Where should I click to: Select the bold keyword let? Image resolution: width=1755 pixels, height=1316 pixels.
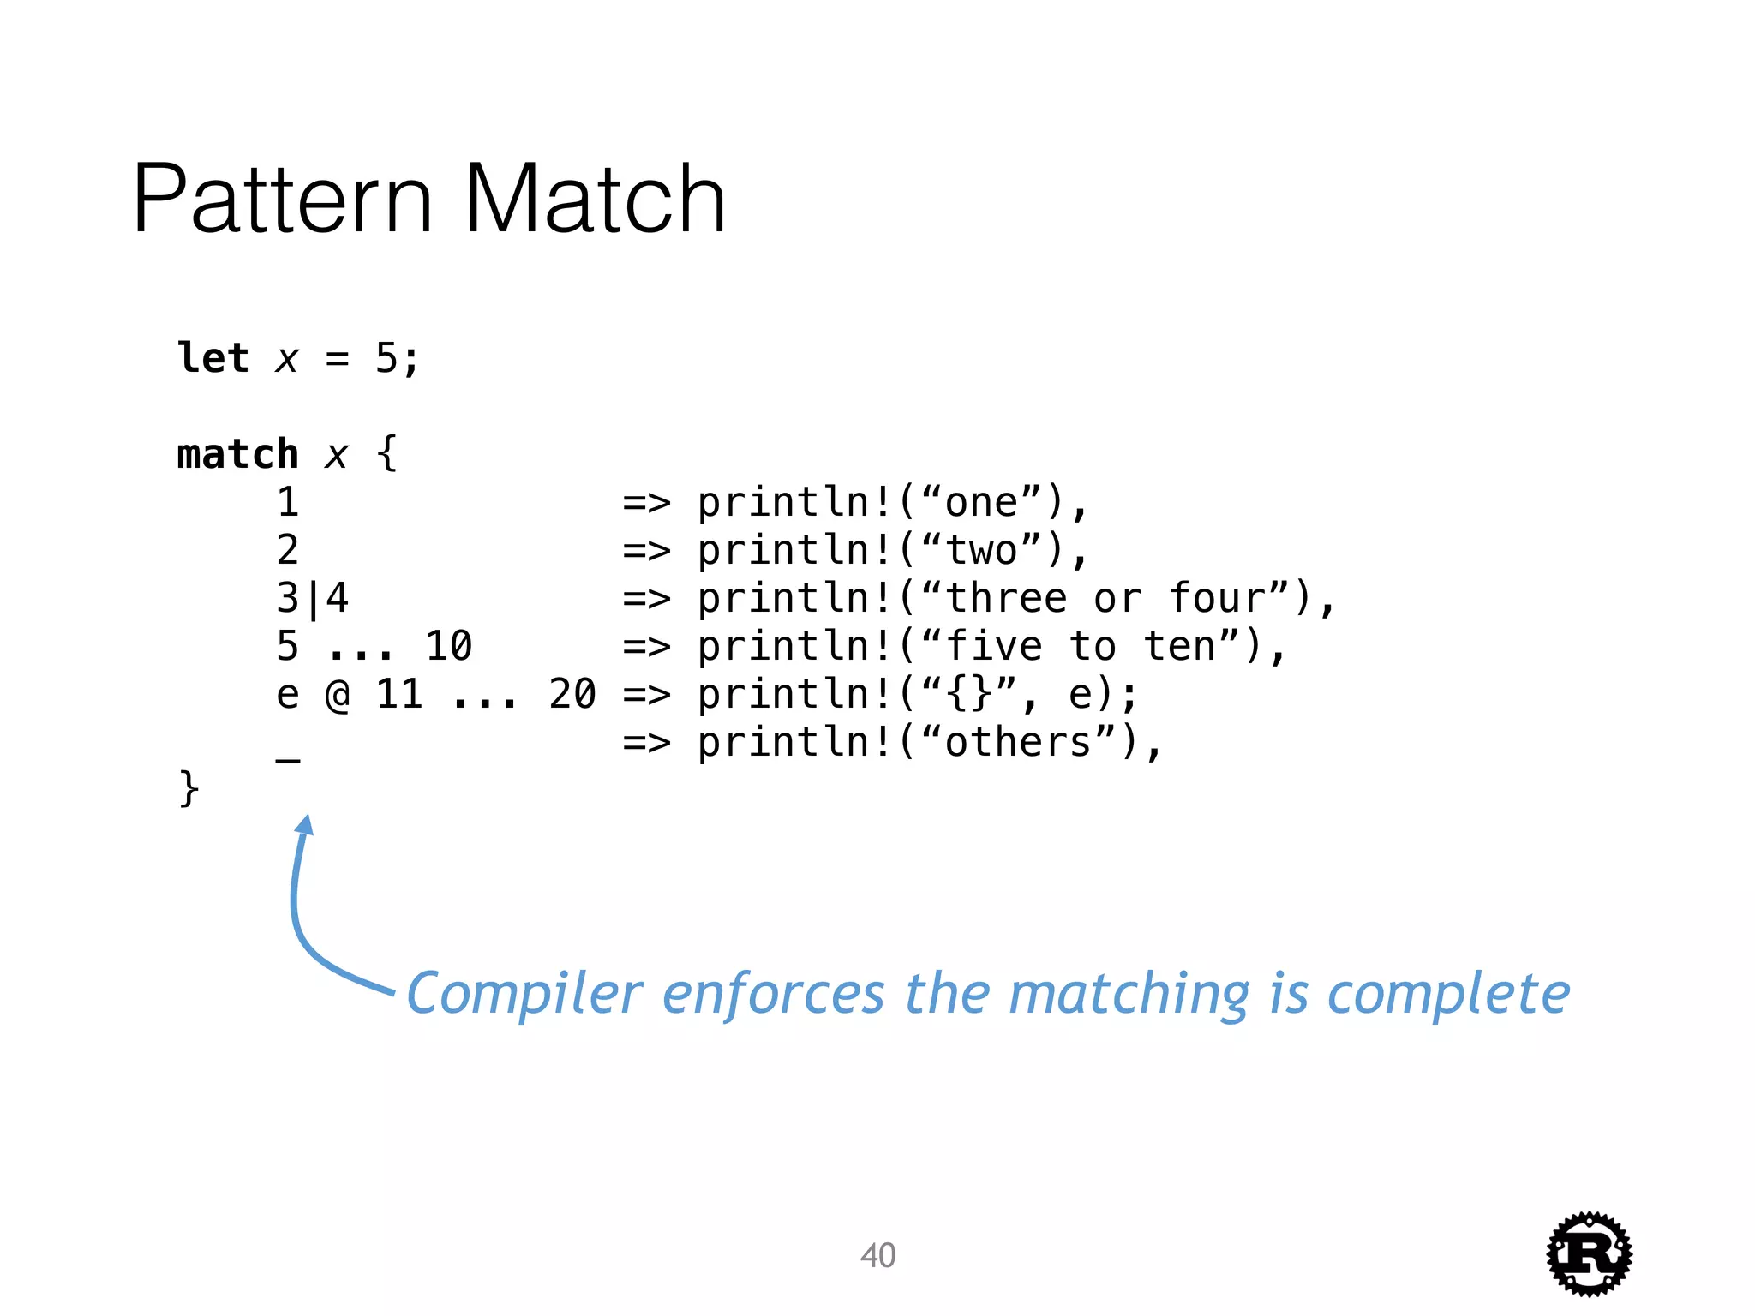pos(213,357)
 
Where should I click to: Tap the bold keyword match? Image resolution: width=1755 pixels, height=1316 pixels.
pos(237,453)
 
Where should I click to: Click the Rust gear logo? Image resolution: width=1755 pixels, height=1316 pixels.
pos(1589,1253)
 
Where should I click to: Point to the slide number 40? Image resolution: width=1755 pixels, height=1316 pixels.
pos(877,1255)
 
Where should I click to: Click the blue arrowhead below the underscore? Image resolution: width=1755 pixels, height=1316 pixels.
pos(305,824)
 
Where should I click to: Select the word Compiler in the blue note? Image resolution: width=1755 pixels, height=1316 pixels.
pos(524,994)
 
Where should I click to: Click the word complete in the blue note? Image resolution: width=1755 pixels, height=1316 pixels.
pos(1448,994)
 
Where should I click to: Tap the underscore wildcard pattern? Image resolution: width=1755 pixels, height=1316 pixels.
pos(288,757)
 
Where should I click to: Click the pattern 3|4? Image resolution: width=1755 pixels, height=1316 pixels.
pos(313,598)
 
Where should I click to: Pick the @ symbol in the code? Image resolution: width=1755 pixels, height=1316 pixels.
pos(338,694)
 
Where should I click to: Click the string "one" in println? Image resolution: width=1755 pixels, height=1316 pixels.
pos(981,501)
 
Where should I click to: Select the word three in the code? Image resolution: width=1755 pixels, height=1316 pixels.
pos(1006,597)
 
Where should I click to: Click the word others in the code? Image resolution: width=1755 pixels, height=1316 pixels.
pos(1018,742)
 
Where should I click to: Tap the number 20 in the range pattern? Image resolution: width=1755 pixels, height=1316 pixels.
pos(572,694)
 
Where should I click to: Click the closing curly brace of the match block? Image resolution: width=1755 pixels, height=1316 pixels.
pos(189,788)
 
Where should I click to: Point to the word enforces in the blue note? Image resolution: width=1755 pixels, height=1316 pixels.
pos(773,994)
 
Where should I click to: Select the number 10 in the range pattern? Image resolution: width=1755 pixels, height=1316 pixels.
pos(448,646)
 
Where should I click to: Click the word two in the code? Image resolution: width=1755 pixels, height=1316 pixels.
pos(981,549)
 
